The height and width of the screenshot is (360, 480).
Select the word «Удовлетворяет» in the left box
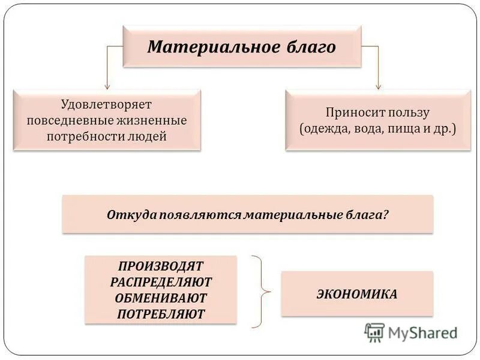106,104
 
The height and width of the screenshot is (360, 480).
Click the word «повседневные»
65,121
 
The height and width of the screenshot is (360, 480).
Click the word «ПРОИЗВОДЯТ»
161,266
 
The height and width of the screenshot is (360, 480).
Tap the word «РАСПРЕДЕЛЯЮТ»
161,281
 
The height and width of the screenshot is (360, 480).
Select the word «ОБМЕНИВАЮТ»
161,298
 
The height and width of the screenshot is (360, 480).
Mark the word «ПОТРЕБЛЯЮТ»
161,313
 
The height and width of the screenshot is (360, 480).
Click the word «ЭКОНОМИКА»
356,294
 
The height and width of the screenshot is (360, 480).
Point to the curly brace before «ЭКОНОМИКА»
262,292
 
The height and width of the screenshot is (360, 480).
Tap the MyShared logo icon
374,332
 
